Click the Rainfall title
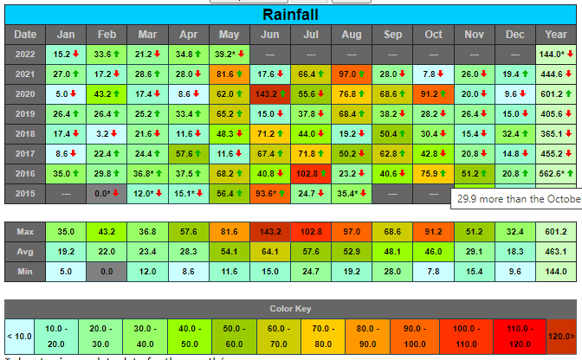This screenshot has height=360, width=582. click(290, 15)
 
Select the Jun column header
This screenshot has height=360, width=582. click(269, 35)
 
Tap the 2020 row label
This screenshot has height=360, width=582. click(25, 93)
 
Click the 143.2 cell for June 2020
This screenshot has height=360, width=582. click(269, 93)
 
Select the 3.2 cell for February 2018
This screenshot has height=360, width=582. click(106, 133)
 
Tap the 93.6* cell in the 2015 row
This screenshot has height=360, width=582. click(269, 193)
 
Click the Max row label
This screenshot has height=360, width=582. click(25, 232)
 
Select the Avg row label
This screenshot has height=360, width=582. click(25, 252)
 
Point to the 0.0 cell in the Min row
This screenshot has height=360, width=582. click(106, 272)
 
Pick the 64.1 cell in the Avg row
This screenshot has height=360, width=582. click(269, 252)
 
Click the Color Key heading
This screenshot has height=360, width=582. click(290, 308)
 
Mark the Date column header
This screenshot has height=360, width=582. click(25, 35)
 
